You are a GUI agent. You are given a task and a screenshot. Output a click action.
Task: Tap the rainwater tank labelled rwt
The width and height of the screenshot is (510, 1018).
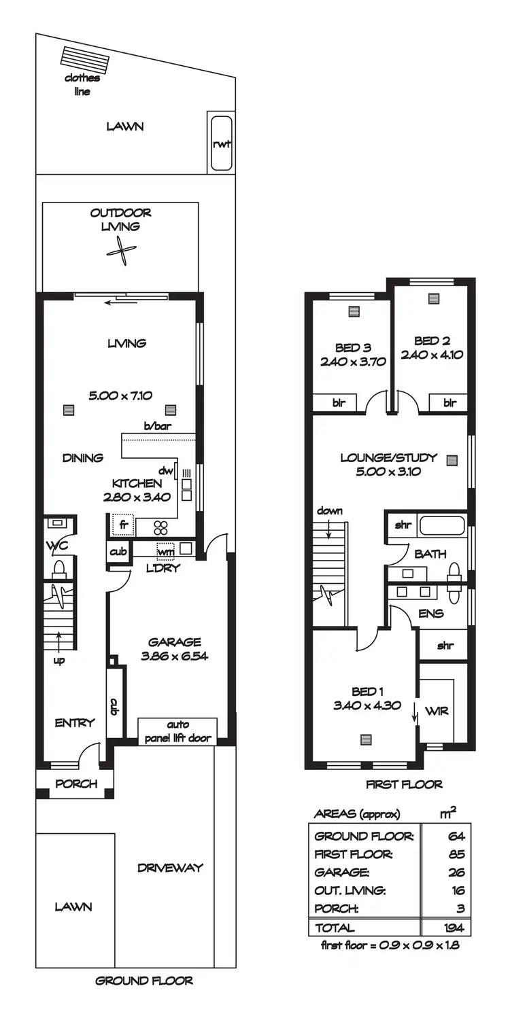(220, 143)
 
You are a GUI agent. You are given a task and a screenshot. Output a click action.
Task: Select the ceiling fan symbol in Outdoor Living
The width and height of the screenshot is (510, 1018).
(120, 248)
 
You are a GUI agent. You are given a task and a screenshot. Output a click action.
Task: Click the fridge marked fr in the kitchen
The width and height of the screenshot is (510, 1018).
(123, 525)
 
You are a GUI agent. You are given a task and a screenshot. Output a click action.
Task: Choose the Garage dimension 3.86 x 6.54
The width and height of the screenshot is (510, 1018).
(175, 656)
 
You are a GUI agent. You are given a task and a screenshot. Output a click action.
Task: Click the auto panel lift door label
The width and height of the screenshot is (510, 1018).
(177, 731)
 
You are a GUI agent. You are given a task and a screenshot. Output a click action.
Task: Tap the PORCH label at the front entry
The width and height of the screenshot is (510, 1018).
(75, 784)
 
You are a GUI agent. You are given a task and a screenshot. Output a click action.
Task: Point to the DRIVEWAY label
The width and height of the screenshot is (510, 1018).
(169, 868)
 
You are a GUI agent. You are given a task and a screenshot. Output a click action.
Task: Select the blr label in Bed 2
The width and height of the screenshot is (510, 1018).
(449, 402)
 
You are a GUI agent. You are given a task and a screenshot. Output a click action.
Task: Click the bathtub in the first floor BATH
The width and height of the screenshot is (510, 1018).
(441, 525)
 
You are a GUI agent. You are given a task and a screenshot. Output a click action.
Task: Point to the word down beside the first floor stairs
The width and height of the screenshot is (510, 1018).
(329, 511)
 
